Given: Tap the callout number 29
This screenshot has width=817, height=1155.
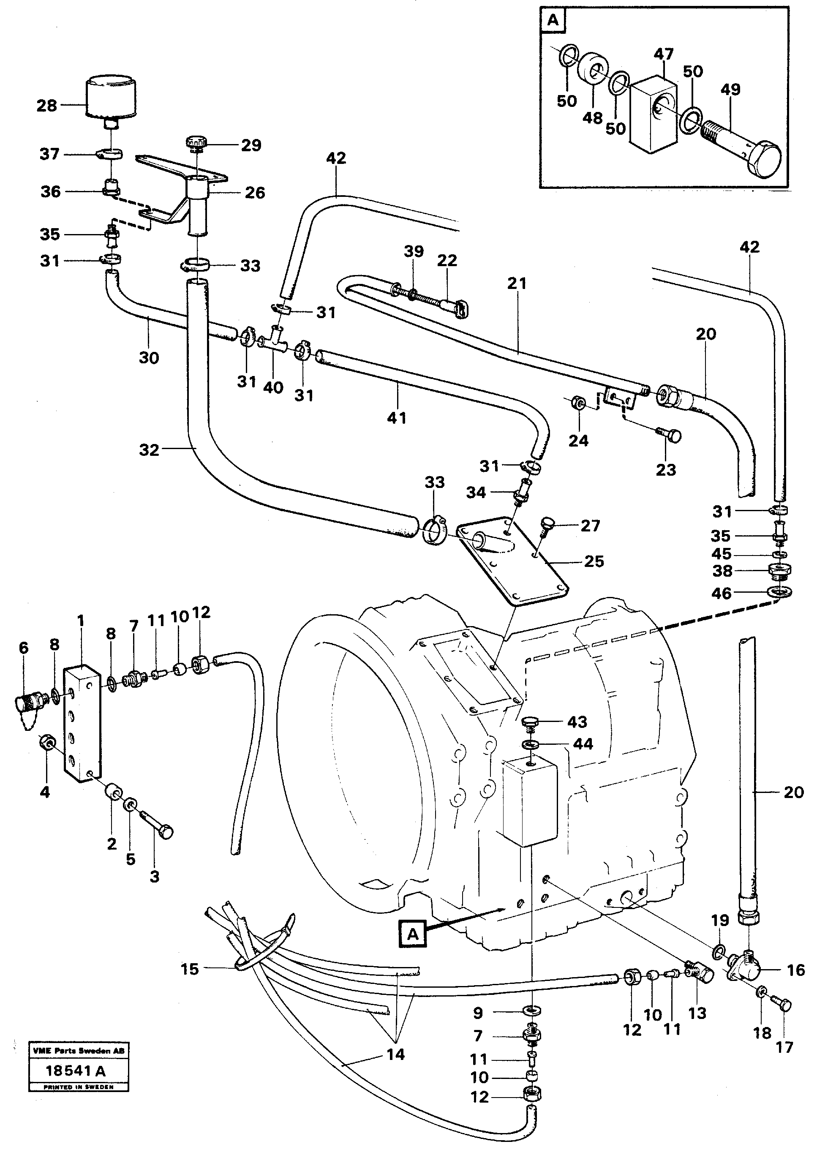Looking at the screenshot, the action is pyautogui.click(x=251, y=145).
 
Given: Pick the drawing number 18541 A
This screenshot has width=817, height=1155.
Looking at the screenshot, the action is pyautogui.click(x=76, y=1071).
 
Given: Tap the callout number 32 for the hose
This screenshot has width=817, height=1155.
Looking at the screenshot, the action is pyautogui.click(x=149, y=450).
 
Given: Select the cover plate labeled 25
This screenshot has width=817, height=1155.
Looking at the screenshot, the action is pyautogui.click(x=513, y=565).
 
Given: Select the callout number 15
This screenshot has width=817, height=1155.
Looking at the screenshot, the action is pyautogui.click(x=190, y=969).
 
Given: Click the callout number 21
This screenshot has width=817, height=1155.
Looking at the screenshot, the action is pyautogui.click(x=517, y=284).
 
